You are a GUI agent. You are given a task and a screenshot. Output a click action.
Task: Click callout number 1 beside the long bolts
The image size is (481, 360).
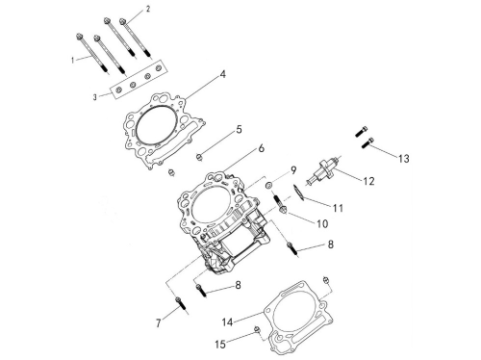[x=73, y=60]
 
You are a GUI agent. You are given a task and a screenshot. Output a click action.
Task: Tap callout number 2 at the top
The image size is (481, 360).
[x=148, y=9]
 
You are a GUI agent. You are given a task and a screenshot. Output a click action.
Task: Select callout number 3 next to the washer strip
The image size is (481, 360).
[x=95, y=97]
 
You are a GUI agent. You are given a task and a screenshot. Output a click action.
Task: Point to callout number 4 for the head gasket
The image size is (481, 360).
[x=223, y=74]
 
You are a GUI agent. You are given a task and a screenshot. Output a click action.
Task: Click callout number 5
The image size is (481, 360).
[x=239, y=130]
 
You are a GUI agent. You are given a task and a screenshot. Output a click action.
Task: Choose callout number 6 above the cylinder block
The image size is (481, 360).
[x=262, y=148]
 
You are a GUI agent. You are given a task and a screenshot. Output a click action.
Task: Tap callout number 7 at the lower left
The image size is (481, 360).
[x=159, y=323]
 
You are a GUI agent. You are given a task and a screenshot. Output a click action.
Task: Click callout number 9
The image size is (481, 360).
[x=293, y=170]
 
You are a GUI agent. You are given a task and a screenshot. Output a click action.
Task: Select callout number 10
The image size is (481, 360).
[x=322, y=223]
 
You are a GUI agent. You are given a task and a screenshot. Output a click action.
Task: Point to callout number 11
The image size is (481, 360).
[x=338, y=208]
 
